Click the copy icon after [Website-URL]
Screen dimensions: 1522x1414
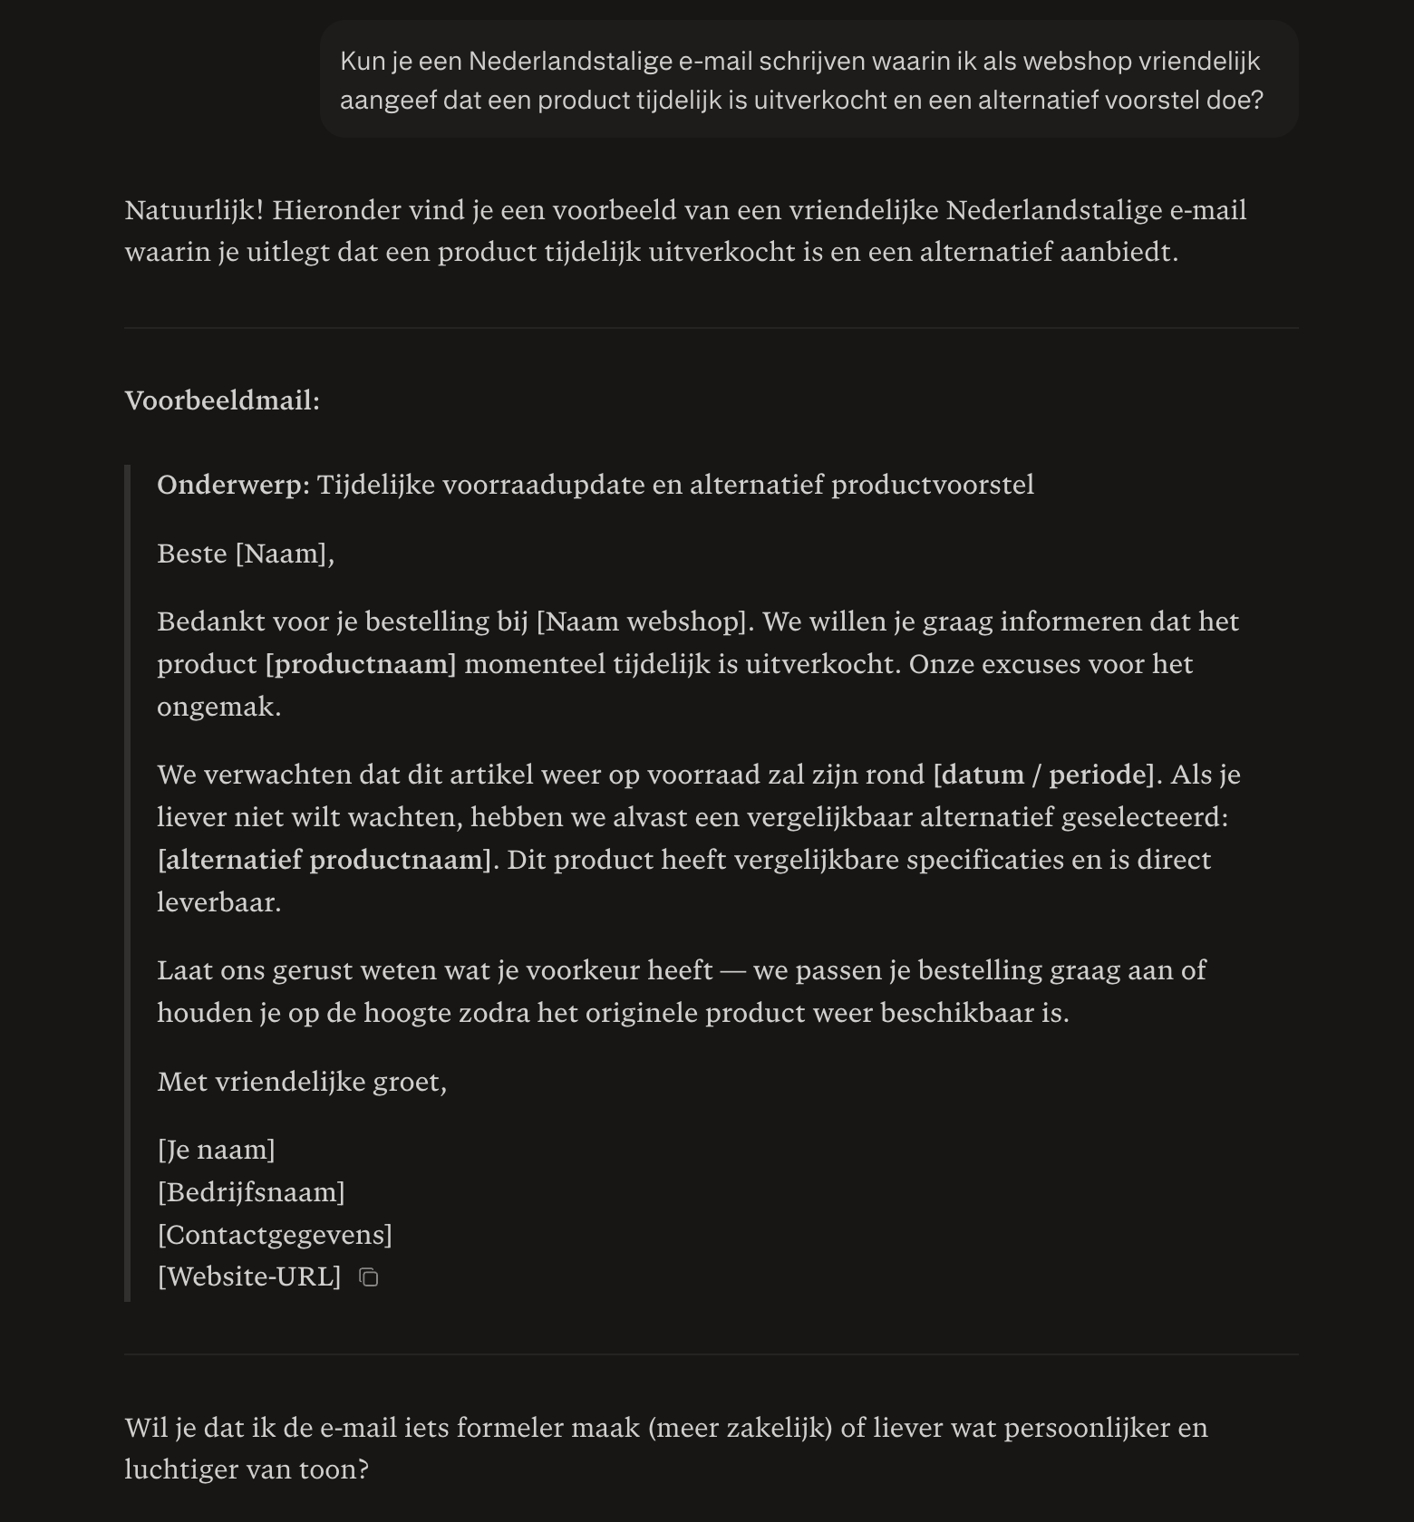pos(368,1277)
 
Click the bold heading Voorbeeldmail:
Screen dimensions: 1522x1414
pos(222,400)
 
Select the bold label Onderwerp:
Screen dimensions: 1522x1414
pos(233,485)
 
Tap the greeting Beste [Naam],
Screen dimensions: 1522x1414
pos(246,554)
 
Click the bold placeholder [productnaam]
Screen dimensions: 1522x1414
pos(361,664)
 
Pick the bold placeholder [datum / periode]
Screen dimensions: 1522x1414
pos(1044,775)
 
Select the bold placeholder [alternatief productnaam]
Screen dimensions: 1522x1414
pos(324,860)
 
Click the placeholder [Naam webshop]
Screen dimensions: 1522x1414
pos(644,621)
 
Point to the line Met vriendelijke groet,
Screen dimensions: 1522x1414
pos(302,1082)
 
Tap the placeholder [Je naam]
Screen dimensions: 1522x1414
pos(216,1150)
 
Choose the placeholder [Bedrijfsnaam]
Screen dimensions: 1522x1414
pos(251,1192)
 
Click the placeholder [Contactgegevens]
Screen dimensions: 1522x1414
pos(275,1235)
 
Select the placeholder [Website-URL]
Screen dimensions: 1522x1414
pos(249,1276)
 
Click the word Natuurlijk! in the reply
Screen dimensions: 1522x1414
pos(194,210)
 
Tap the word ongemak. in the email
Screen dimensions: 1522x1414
pos(219,707)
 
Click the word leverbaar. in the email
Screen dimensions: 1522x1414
pos(219,902)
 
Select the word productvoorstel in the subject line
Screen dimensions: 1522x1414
pos(933,485)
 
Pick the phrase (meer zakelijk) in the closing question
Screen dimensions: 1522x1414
pos(740,1428)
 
